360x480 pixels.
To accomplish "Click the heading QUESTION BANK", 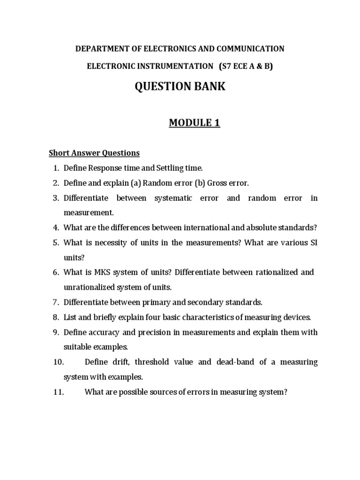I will point(180,87).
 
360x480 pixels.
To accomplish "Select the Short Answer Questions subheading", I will point(95,153).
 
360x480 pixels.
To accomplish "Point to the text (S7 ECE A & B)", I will point(246,66).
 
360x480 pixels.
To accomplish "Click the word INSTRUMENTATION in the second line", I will point(171,66).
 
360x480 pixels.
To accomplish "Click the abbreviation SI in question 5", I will point(313,242).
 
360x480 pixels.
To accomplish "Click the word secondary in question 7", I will point(203,302).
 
